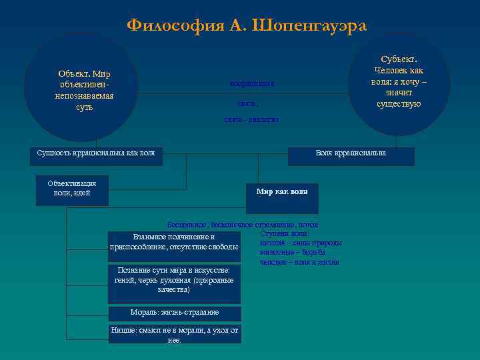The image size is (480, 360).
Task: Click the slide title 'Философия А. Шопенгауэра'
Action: point(247,25)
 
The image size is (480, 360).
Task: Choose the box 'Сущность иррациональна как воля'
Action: point(96,153)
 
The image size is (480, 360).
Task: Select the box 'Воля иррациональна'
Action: point(351,153)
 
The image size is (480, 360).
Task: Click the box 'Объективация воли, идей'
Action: point(72,188)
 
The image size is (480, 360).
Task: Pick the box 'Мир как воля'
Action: point(282,191)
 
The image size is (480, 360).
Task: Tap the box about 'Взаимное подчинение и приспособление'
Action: point(174,242)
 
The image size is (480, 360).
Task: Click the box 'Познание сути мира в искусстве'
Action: point(174,280)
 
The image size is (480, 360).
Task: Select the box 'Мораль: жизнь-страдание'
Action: point(175,313)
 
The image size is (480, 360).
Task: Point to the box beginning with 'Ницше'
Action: point(175,335)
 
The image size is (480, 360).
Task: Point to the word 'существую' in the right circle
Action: point(399,104)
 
